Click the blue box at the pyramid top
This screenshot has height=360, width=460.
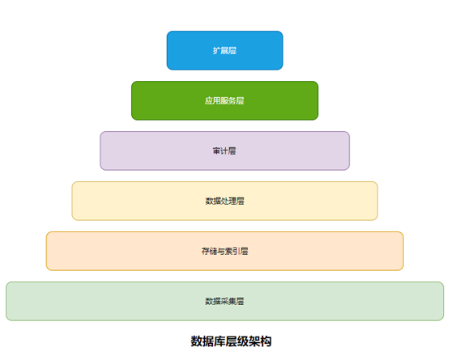point(224,50)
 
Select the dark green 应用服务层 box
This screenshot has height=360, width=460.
point(224,100)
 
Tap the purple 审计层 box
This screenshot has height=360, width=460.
point(224,150)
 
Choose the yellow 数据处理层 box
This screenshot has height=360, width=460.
point(224,201)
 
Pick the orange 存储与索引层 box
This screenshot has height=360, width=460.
point(224,251)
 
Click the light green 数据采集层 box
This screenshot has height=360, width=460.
point(224,301)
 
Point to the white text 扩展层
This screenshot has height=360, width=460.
point(224,50)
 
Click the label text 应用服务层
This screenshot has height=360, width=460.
point(224,100)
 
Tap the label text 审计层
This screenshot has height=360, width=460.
point(224,150)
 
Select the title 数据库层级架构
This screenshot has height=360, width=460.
point(231,341)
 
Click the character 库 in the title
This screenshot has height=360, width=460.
point(219,341)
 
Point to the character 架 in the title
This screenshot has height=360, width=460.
point(254,341)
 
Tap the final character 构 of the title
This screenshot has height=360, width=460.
point(266,341)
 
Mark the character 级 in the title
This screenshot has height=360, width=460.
point(243,341)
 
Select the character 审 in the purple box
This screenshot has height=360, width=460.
point(217,150)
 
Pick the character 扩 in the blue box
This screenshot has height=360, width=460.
point(217,50)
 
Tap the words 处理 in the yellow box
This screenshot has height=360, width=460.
point(229,201)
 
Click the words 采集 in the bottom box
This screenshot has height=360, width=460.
point(228,301)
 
